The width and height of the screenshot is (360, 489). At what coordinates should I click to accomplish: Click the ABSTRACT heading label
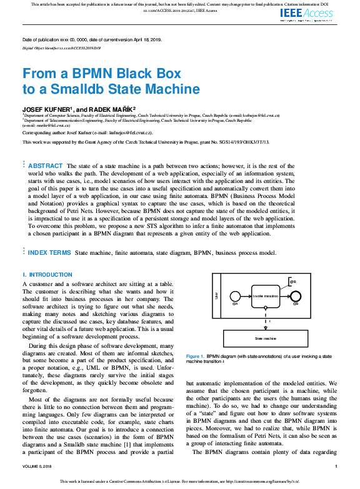click(45, 165)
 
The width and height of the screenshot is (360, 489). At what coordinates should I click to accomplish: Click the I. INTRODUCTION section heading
click(47, 275)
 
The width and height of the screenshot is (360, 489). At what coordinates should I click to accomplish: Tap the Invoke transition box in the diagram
click(265, 296)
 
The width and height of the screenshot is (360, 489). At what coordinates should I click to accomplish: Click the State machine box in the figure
click(265, 338)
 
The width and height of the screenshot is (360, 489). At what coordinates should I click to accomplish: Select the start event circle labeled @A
click(235, 296)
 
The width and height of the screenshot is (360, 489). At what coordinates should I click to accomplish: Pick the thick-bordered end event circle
click(296, 296)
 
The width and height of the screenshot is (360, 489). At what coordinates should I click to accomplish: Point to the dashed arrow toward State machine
click(265, 319)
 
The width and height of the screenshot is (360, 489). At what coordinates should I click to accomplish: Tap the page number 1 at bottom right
click(336, 466)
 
